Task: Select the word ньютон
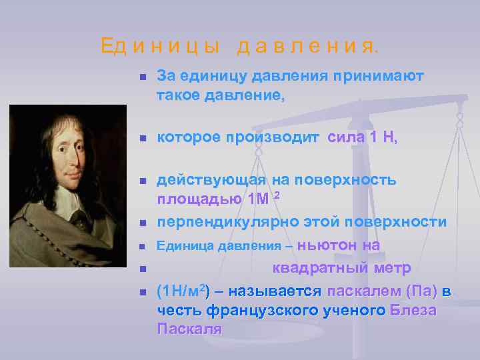click(x=327, y=245)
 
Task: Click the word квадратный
click(x=321, y=268)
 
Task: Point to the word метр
click(x=392, y=268)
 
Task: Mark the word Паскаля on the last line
click(x=189, y=329)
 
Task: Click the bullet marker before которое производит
click(x=142, y=139)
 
